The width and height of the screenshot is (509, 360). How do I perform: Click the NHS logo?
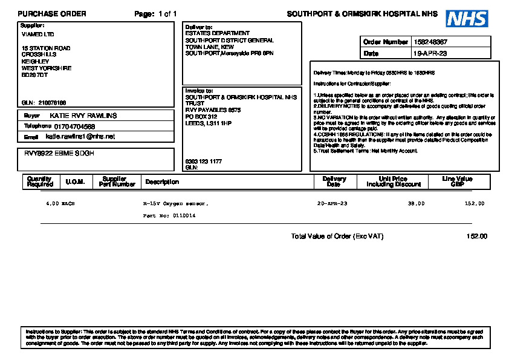467,19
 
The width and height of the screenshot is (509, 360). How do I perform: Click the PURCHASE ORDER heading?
52,14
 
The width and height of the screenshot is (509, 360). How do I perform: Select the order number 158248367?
431,42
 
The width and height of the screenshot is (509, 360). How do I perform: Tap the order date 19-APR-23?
430,53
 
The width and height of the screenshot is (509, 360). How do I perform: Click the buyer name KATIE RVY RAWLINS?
83,116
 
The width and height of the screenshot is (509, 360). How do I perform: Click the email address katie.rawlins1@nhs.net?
80,137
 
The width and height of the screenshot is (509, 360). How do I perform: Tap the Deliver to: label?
198,27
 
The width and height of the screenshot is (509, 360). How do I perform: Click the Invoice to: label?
199,91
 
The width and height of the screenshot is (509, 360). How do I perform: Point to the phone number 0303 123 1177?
203,162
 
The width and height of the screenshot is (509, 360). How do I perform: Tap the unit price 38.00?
416,204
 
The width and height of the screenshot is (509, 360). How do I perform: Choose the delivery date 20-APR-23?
332,204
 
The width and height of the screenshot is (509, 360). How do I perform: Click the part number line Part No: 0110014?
169,215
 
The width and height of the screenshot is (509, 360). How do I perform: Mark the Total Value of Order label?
337,237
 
